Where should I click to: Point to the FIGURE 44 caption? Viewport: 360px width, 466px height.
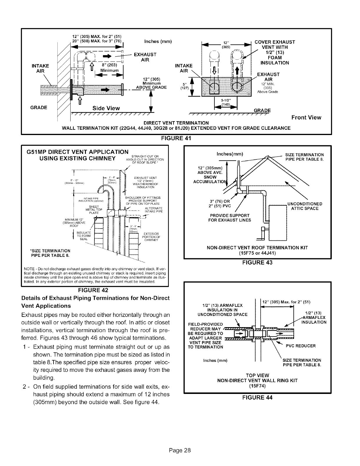click(x=258, y=397)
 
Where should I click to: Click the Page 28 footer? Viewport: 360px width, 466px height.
click(x=180, y=450)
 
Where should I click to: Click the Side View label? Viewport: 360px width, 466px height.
click(x=106, y=108)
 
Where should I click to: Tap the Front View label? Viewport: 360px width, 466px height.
click(x=306, y=118)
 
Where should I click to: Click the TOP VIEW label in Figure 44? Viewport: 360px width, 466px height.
click(x=257, y=375)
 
